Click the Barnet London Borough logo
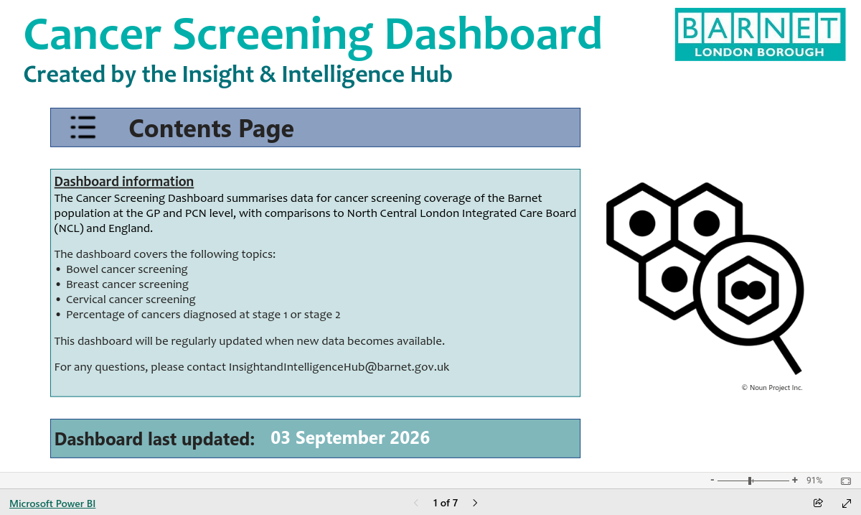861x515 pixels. point(760,34)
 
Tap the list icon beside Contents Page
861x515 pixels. point(83,127)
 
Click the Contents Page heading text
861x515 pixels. point(212,129)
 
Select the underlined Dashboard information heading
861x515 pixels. point(123,181)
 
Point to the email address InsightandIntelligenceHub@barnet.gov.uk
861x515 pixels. point(339,367)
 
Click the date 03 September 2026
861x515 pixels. point(350,437)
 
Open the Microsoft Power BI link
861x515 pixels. point(52,504)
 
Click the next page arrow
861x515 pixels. point(475,503)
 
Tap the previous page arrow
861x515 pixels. point(416,503)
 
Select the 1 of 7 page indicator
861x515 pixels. point(445,503)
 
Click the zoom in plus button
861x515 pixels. point(795,480)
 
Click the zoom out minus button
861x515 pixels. point(712,480)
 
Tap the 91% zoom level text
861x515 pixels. point(814,481)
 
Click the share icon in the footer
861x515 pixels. point(818,503)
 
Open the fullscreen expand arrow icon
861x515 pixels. point(847,504)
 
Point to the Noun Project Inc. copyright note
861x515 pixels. point(772,388)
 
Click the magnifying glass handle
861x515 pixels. point(787,356)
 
